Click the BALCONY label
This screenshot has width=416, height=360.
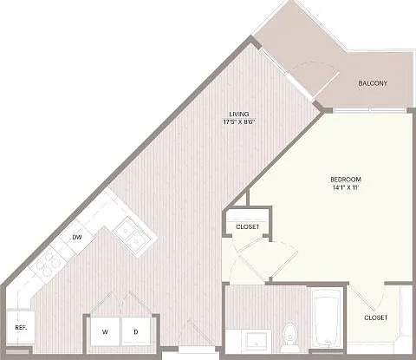coord(373,83)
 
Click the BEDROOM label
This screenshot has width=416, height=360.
coord(346,180)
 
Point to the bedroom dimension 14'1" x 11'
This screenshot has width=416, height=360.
coord(346,187)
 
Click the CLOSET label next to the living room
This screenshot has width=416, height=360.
coord(248,227)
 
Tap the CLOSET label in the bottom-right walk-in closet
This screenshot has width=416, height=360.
coord(376,317)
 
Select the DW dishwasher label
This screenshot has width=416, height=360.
coord(77,238)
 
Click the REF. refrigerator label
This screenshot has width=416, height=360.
coord(21,328)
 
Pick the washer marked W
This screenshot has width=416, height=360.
coord(105,331)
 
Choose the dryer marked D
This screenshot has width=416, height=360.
coord(136,331)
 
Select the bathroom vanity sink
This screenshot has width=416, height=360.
coord(257,341)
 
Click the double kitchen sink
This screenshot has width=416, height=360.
coord(131,235)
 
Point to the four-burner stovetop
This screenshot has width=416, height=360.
coord(47,264)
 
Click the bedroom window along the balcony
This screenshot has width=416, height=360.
coord(370,110)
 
